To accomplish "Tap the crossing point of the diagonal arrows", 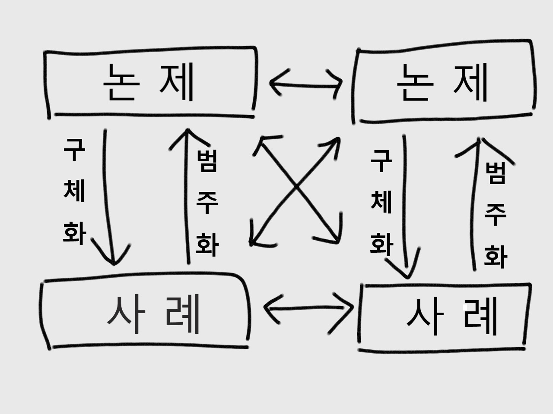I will point(296,187).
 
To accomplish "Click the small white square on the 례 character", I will point(466,307).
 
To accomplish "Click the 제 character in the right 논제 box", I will point(471,82).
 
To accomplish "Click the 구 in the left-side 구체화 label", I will point(74,149).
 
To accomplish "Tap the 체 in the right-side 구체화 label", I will point(381,201).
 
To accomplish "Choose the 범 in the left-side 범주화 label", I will point(207,160).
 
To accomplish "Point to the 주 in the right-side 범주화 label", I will point(495,214).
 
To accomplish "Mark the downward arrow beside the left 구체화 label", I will point(107,194).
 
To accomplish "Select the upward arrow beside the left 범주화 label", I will point(187,194).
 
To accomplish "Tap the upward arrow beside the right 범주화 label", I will point(474,203).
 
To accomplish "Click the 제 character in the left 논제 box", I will point(177,82).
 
